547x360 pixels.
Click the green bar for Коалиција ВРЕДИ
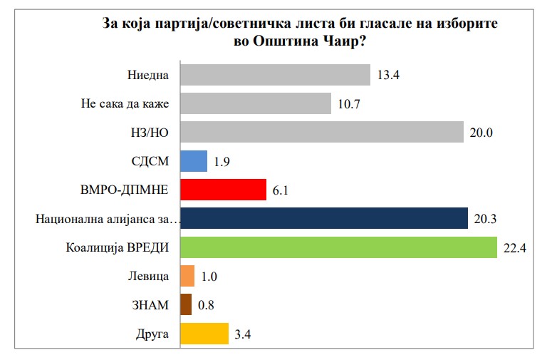tap(338, 247)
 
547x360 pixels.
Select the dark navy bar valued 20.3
tap(324, 219)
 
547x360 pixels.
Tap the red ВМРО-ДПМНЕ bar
tap(223, 190)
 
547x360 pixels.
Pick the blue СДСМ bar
tap(194, 161)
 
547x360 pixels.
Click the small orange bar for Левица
tap(187, 276)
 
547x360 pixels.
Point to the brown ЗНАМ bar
tap(186, 305)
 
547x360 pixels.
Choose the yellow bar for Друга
tap(204, 334)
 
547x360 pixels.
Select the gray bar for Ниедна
tap(275, 75)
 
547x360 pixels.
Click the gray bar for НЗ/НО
tap(323, 133)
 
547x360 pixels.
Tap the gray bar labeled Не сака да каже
tap(256, 104)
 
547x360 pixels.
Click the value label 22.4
tap(514, 247)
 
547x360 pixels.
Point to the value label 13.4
tap(387, 76)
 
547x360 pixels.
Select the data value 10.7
tap(348, 104)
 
